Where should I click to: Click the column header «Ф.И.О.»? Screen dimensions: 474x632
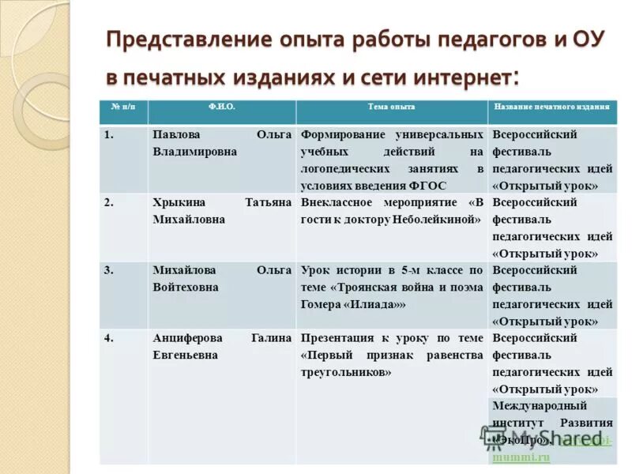[221, 107]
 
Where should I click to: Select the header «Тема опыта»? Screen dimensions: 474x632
[391, 107]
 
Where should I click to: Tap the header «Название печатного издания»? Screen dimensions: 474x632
[551, 107]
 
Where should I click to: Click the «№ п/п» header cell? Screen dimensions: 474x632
[123, 107]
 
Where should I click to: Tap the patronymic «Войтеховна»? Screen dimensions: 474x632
[186, 288]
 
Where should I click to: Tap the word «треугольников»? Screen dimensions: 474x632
[346, 371]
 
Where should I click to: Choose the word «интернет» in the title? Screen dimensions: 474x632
[462, 78]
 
